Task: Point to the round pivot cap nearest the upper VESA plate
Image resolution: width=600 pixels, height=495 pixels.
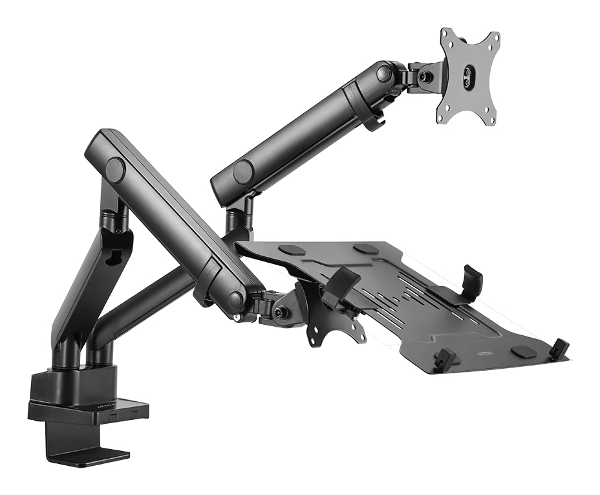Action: point(384,73)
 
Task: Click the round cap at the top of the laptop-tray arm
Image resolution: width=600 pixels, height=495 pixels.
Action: point(115,170)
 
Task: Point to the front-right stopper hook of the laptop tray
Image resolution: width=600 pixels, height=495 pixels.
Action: point(560,349)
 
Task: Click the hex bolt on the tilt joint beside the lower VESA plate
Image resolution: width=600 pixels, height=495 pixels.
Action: point(281,311)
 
